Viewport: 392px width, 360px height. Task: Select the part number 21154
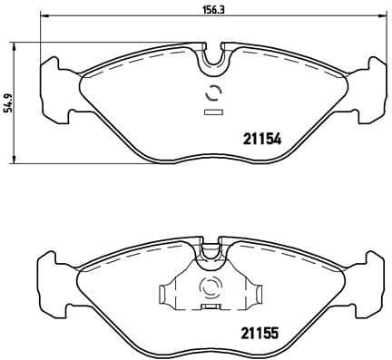point(261,139)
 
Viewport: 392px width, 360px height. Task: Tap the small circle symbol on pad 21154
point(214,92)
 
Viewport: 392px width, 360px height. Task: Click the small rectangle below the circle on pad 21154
point(214,112)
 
